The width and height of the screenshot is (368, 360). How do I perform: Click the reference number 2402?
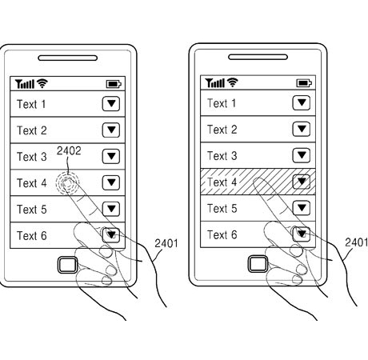pyautogui.click(x=69, y=151)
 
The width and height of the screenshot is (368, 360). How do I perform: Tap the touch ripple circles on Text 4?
pyautogui.click(x=67, y=183)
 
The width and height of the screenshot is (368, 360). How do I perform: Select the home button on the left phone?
pyautogui.click(x=68, y=265)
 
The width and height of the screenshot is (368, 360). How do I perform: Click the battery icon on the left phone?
pyautogui.click(x=114, y=84)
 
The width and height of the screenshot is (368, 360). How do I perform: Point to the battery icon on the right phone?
pyautogui.click(x=304, y=83)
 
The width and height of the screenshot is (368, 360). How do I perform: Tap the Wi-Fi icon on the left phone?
pyautogui.click(x=42, y=83)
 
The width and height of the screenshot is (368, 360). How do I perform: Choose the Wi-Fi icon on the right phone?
pyautogui.click(x=232, y=82)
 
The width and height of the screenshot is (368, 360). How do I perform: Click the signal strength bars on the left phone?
pyautogui.click(x=25, y=84)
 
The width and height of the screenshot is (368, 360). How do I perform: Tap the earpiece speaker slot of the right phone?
pyautogui.click(x=258, y=57)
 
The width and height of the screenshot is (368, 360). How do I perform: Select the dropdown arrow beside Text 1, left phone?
pyautogui.click(x=111, y=104)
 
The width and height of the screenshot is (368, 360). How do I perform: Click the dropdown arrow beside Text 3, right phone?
pyautogui.click(x=302, y=155)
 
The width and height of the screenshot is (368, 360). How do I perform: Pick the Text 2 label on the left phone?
pyautogui.click(x=32, y=130)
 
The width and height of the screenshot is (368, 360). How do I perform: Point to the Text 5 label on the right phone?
pyautogui.click(x=222, y=208)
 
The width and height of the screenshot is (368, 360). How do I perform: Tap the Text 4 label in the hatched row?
pyautogui.click(x=222, y=182)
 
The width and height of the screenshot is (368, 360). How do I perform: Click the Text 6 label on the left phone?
pyautogui.click(x=32, y=236)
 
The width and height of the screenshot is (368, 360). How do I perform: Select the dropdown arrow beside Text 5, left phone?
pyautogui.click(x=111, y=209)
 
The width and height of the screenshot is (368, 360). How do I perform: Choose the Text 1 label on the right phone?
pyautogui.click(x=222, y=103)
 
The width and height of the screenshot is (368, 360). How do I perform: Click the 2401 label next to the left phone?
pyautogui.click(x=166, y=243)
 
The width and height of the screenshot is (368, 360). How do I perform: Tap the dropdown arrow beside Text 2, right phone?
pyautogui.click(x=302, y=129)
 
